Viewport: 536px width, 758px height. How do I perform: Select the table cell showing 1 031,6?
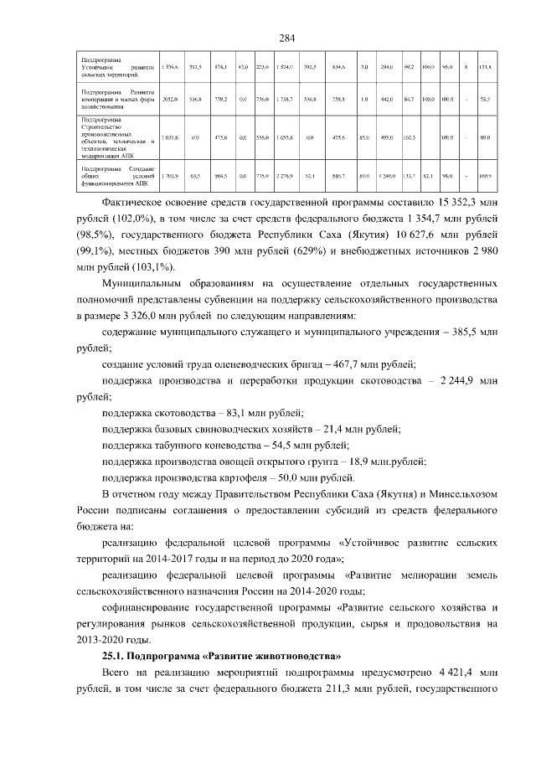coord(170,137)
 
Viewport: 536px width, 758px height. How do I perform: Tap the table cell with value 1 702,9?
coord(170,177)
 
